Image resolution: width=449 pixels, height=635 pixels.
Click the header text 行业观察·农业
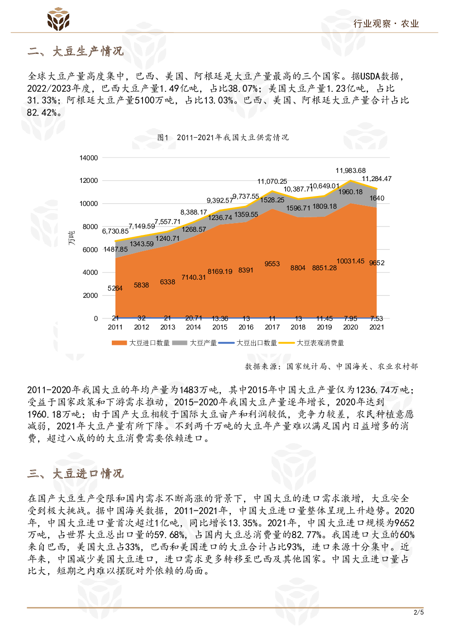click(x=386, y=24)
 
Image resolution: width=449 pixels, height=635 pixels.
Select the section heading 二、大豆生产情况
click(x=75, y=51)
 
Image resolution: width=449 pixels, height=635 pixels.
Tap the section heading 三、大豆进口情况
click(x=75, y=473)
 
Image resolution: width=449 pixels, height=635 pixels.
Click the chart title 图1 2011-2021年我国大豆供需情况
click(x=223, y=137)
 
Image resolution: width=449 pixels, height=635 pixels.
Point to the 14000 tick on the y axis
click(x=89, y=158)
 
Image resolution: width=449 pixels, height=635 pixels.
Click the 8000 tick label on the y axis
click(x=90, y=227)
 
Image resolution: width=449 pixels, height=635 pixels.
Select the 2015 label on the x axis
click(x=220, y=327)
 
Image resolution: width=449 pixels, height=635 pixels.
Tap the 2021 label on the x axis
click(x=377, y=327)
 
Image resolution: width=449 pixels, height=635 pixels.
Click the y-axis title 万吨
click(x=72, y=238)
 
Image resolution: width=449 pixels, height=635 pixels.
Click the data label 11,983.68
click(x=350, y=171)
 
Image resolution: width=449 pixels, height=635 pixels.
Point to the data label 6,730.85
click(x=115, y=231)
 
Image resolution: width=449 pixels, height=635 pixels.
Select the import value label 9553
click(x=272, y=264)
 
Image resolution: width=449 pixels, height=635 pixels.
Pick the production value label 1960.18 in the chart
click(x=350, y=192)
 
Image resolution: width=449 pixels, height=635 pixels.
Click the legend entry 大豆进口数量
click(x=141, y=343)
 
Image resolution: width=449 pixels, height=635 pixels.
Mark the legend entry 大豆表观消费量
click(x=312, y=343)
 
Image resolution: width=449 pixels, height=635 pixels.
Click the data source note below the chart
click(x=331, y=366)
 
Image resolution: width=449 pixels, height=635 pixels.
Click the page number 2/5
click(x=419, y=612)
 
